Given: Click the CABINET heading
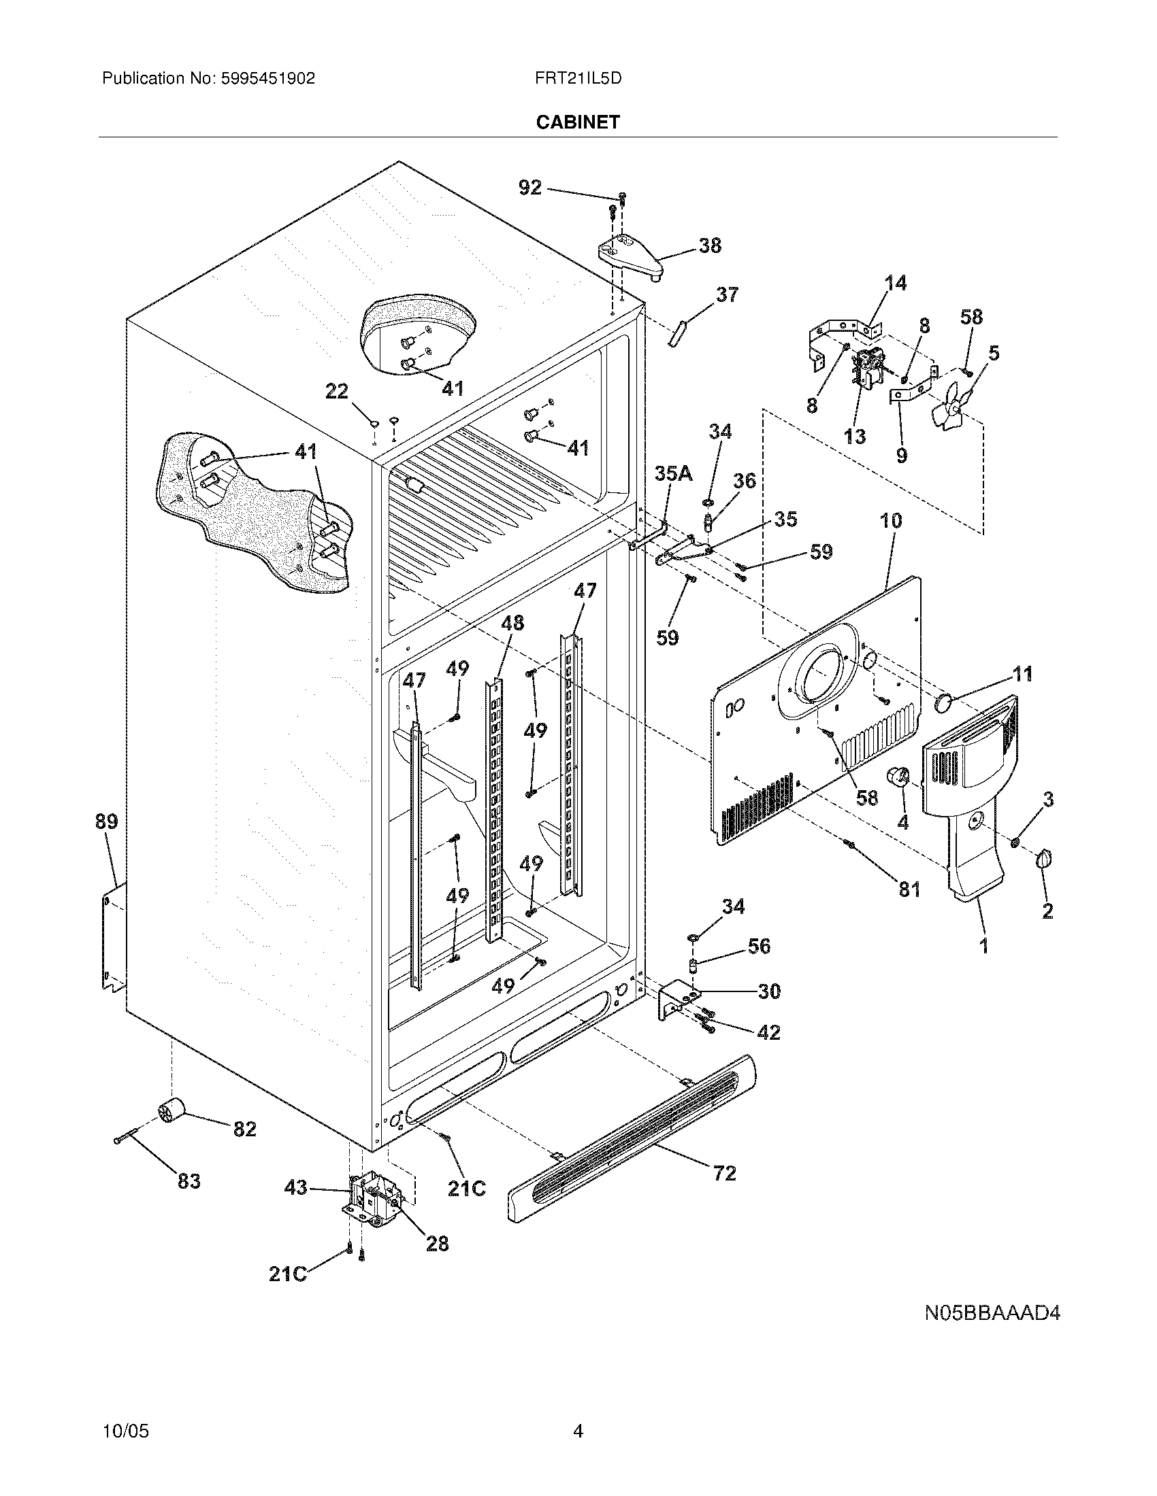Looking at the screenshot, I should pos(577,122).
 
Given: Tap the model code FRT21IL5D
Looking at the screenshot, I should pos(578,79).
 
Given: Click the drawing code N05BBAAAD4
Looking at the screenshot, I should pos(992,1314).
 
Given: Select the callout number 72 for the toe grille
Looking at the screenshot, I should pos(725,1174).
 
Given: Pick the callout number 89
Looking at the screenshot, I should pos(107,821).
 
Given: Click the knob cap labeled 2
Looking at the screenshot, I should pos(1045,858).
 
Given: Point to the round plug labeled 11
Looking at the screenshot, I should pos(946,702).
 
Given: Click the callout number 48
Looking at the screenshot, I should pos(512,623).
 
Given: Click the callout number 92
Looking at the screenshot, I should pos(529,187).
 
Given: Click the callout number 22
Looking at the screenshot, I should pos(336,392).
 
